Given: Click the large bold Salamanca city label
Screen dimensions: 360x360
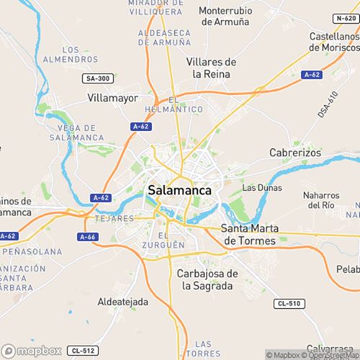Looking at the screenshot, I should pos(179,190).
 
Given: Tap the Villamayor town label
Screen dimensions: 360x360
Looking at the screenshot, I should pos(112,96).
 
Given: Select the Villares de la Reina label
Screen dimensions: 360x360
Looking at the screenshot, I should pos(211,68).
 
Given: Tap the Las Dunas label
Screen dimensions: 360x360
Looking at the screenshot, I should pos(260,187).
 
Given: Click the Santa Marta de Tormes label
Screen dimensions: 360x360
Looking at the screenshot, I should pos(248,235).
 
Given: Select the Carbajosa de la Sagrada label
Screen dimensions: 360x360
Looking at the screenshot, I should pos(207,279).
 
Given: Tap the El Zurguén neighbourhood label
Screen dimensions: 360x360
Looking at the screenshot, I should pos(172,240).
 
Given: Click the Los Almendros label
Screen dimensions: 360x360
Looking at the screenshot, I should pos(80,54).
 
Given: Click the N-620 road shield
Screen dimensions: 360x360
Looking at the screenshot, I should pos(346,18).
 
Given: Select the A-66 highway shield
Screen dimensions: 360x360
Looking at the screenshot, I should pos(87,236).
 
